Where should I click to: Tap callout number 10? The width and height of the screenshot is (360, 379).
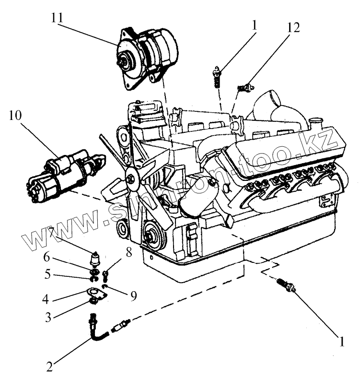[16, 116]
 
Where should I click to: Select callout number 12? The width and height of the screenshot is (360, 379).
[293, 27]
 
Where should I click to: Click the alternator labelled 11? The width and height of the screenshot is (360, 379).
[146, 55]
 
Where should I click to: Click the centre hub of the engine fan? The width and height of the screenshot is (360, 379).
[130, 179]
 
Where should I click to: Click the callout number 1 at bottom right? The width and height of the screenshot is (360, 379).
[341, 342]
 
